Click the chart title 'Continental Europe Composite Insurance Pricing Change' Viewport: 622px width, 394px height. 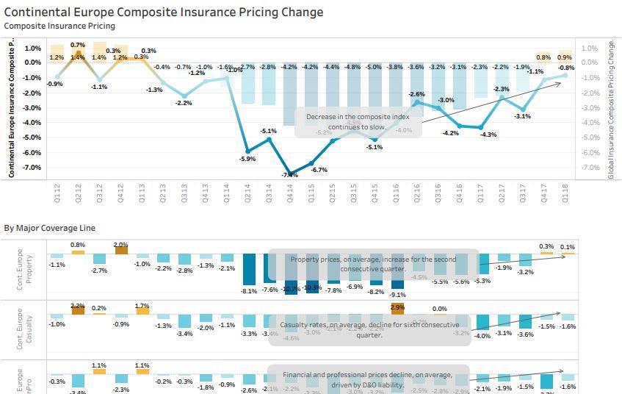pos(164,12)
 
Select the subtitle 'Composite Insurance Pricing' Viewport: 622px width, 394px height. pos(59,26)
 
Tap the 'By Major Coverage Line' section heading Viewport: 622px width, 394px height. pos(49,228)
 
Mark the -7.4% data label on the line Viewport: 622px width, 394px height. pos(289,175)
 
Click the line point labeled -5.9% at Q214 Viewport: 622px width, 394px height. pos(247,149)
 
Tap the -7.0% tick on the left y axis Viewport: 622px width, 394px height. pos(32,168)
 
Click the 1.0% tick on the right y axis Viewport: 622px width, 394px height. pos(589,49)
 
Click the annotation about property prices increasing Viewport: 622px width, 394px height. pos(373,264)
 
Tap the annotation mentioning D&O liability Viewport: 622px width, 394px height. pos(367,379)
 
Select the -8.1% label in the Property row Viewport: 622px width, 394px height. pos(249,291)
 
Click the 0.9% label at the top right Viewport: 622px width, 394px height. pos(564,57)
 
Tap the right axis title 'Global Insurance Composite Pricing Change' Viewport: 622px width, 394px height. pos(611,110)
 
